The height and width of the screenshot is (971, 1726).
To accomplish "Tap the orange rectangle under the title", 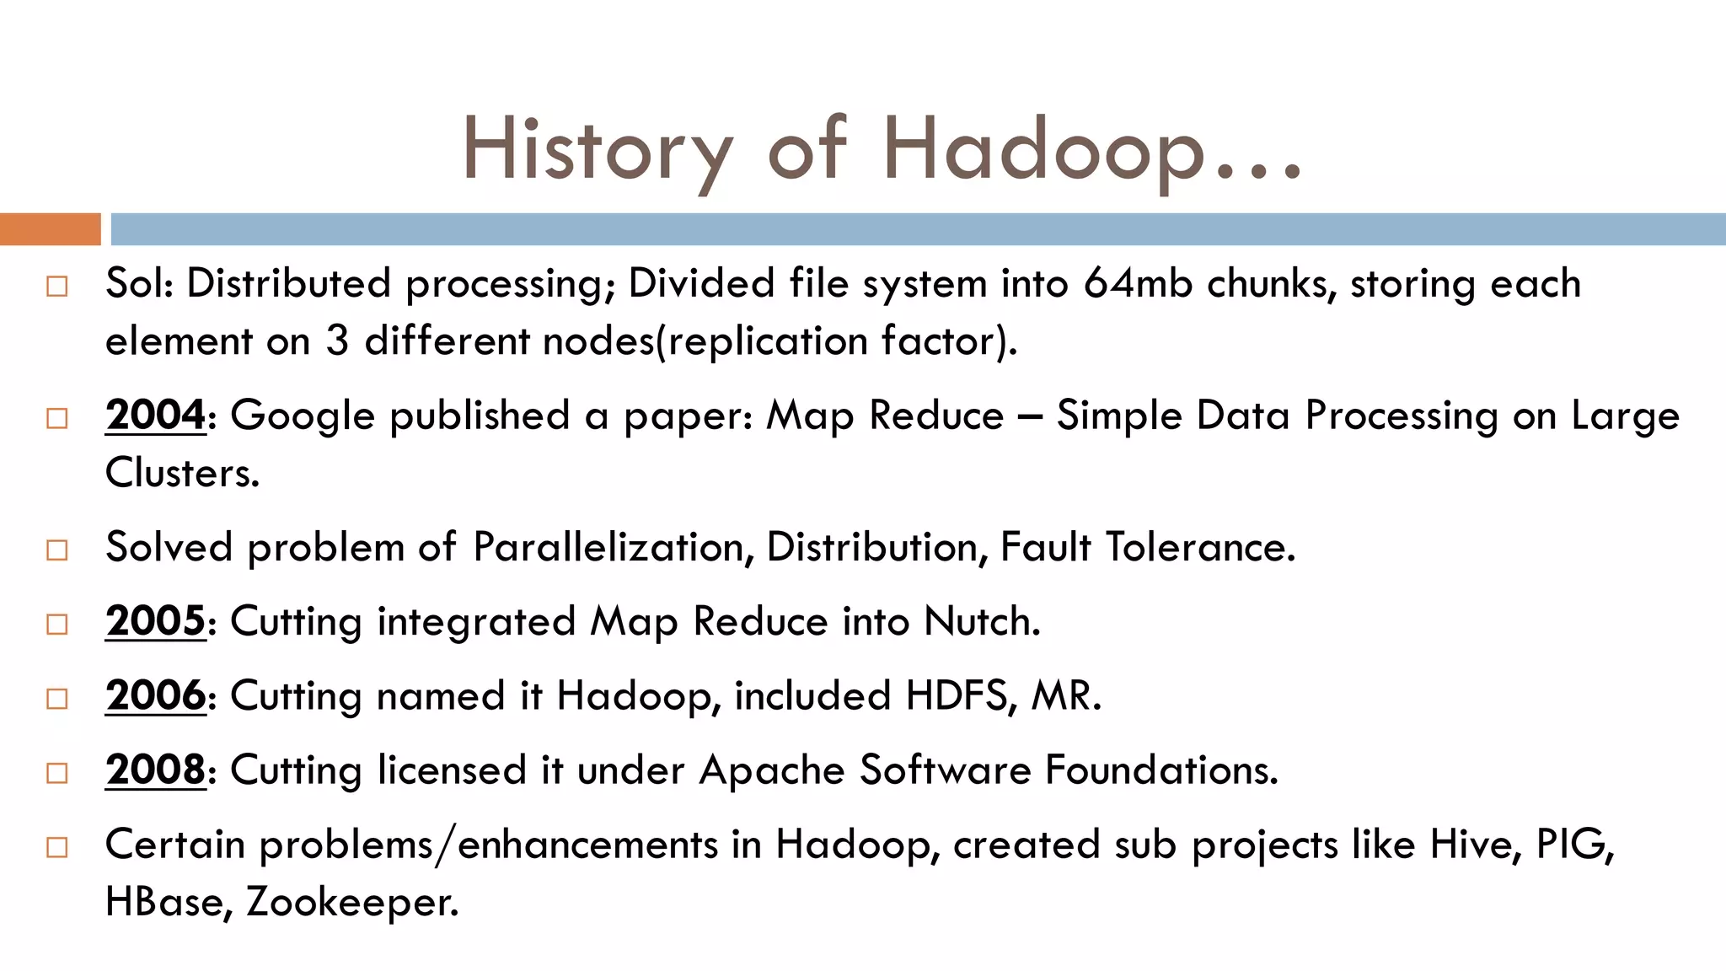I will (50, 229).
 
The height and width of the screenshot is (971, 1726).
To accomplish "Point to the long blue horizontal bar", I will (918, 229).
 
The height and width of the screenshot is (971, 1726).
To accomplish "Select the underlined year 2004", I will (155, 416).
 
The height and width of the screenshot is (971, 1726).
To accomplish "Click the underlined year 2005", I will (155, 621).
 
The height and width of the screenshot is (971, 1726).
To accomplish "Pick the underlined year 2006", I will (155, 695).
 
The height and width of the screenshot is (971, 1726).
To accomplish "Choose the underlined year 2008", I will (155, 770).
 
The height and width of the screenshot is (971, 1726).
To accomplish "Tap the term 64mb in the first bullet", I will (1138, 283).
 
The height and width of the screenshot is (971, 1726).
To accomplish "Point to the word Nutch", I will (981, 621).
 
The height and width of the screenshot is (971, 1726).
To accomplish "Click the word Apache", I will (772, 770).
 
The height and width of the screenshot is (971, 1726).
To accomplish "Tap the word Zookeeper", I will (352, 902).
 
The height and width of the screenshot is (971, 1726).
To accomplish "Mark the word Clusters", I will (182, 473).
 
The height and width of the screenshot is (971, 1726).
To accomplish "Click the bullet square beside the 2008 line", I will (57, 773).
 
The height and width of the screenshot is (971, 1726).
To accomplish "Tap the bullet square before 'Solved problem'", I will (57, 550).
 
